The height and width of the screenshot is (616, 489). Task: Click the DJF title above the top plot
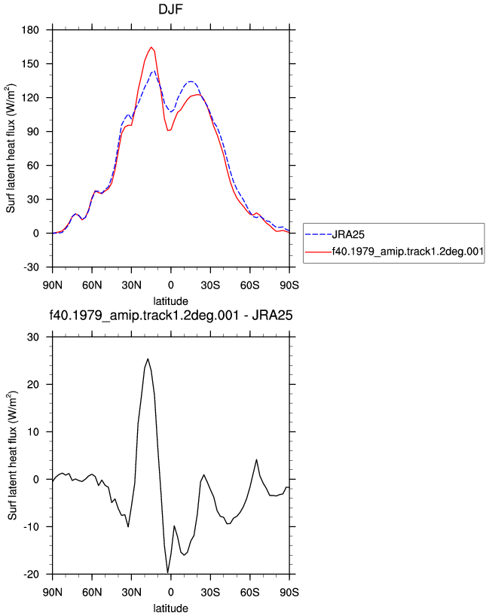[170, 8]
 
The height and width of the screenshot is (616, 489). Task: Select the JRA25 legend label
[348, 234]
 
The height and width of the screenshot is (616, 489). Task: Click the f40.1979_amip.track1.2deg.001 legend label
[408, 252]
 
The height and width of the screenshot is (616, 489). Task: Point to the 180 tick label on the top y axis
[30, 30]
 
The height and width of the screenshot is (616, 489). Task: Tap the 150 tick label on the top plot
[30, 64]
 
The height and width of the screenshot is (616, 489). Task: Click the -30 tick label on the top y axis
[31, 267]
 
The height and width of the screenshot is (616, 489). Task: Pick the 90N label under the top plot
[52, 285]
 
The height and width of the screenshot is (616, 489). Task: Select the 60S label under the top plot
[249, 285]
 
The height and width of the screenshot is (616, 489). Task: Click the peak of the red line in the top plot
[151, 47]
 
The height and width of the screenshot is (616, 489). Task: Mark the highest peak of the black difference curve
[148, 358]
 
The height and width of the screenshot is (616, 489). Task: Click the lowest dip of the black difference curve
[167, 572]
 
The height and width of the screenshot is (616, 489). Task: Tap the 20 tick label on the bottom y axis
[33, 385]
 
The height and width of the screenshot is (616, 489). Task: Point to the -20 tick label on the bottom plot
[31, 575]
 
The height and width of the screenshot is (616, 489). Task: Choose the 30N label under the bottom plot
[131, 593]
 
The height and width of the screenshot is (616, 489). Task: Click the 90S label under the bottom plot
[289, 593]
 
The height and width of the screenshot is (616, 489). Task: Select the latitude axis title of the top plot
[170, 301]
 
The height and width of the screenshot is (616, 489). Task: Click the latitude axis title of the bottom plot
[170, 608]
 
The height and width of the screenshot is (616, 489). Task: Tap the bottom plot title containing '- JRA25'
[170, 316]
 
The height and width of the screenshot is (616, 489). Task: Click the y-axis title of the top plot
[11, 148]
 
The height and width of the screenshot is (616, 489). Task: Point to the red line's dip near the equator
[168, 130]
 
